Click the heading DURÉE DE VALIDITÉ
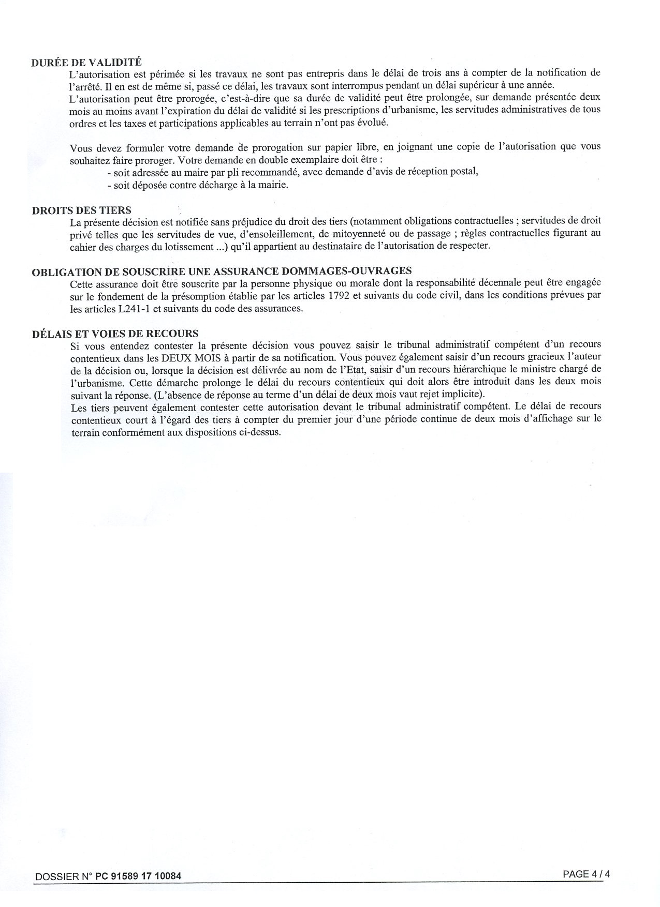[x=86, y=62]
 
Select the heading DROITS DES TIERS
[x=81, y=210]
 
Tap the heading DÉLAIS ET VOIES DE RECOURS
[x=115, y=334]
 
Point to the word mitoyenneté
[x=355, y=233]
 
